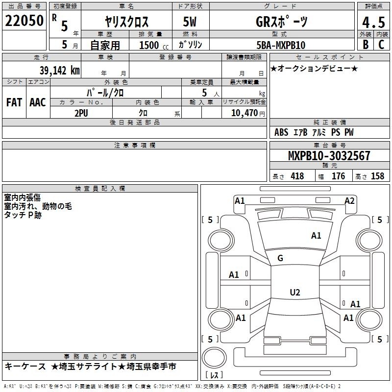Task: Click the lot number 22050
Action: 24,21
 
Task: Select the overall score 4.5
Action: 373,22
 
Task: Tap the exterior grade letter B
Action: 366,45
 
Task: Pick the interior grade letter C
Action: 381,45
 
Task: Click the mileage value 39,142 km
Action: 59,71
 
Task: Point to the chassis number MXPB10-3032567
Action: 329,155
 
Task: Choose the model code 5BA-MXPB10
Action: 281,45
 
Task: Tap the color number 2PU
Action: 81,113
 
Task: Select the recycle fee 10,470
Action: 245,113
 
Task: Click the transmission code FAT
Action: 14,102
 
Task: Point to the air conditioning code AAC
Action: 38,102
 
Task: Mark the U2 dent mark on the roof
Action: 295,292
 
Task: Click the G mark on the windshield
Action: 280,258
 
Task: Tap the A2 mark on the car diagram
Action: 349,201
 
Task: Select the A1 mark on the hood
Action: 316,236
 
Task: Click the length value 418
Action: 297,176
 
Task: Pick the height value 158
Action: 377,176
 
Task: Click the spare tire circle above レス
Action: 214,358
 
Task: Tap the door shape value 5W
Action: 190,22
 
